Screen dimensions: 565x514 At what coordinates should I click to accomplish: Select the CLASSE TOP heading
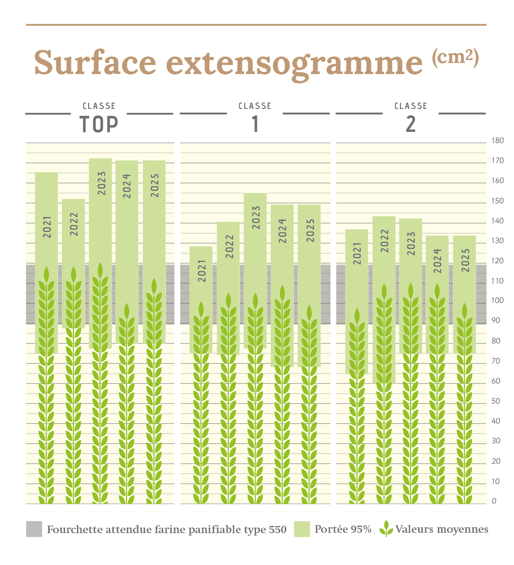(x=99, y=119)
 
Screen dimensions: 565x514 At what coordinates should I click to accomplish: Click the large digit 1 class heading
(x=255, y=124)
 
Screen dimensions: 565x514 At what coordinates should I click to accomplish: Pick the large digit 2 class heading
(x=411, y=124)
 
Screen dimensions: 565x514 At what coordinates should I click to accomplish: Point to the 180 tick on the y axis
(x=497, y=141)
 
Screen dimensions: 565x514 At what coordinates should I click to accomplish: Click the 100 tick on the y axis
(x=497, y=300)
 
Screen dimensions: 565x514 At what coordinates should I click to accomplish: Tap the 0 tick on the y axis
(x=494, y=501)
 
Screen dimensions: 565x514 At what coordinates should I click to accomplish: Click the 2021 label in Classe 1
(x=202, y=271)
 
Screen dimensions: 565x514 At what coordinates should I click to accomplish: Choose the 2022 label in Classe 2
(x=385, y=241)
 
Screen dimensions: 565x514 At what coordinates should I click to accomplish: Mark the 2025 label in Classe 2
(x=465, y=260)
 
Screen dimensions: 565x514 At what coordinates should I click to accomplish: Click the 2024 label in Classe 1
(x=283, y=231)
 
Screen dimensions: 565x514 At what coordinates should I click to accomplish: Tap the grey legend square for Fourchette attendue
(x=34, y=529)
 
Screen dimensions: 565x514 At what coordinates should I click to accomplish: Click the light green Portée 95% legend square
(x=302, y=529)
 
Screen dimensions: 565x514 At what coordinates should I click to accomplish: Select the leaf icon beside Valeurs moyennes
(x=386, y=529)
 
